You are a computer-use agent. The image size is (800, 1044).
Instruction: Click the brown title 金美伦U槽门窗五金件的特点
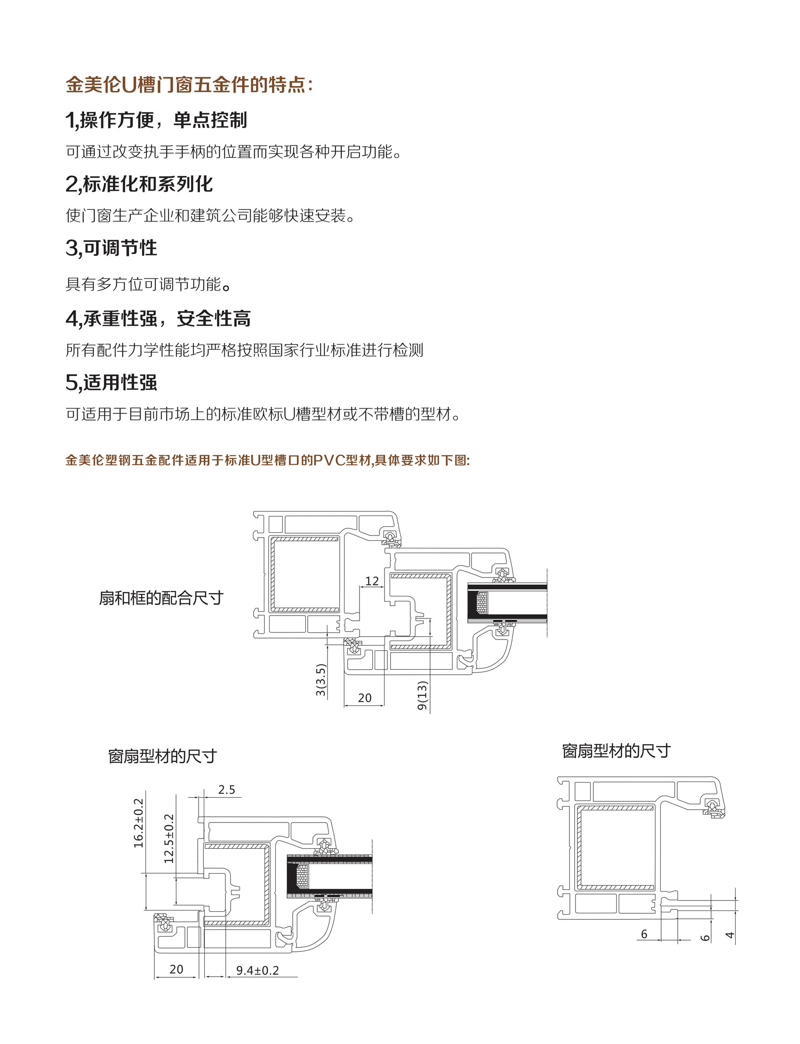[189, 85]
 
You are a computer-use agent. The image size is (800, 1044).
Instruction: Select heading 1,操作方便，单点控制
[156, 120]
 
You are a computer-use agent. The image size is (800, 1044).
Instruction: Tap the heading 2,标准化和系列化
[139, 184]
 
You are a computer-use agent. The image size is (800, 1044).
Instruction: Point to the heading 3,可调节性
[111, 247]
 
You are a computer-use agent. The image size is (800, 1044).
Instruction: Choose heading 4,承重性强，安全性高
[158, 318]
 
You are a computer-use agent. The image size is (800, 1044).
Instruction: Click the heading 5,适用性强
[111, 382]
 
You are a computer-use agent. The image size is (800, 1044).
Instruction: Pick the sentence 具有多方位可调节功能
[149, 284]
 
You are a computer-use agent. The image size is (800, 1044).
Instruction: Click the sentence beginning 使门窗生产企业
[210, 215]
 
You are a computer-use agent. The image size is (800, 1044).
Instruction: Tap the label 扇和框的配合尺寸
[161, 598]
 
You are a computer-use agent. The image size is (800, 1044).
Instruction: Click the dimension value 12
[372, 580]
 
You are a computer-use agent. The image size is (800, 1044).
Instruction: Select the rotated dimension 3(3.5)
[321, 680]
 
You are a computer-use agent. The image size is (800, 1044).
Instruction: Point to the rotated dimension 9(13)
[423, 696]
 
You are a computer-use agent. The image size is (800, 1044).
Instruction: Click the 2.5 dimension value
[227, 790]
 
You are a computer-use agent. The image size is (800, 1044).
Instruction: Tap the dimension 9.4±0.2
[257, 970]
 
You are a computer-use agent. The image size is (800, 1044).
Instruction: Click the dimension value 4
[729, 935]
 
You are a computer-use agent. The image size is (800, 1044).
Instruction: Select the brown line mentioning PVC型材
[268, 460]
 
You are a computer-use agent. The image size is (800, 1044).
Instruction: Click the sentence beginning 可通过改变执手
[234, 152]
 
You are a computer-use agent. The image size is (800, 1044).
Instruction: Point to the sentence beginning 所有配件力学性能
[244, 350]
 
